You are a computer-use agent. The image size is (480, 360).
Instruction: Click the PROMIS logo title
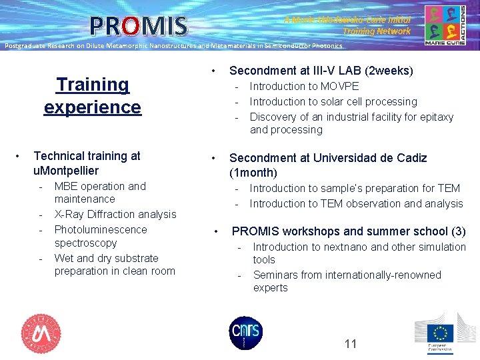(x=139, y=25)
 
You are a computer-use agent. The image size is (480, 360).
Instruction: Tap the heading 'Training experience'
(x=93, y=95)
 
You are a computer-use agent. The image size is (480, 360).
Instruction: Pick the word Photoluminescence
(x=101, y=229)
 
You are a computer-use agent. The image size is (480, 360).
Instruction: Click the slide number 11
(x=351, y=344)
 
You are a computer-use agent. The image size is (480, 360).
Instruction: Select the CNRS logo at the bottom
(x=246, y=332)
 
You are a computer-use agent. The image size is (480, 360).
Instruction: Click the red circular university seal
(x=41, y=333)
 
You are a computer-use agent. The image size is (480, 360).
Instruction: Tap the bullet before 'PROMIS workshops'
(x=216, y=231)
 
